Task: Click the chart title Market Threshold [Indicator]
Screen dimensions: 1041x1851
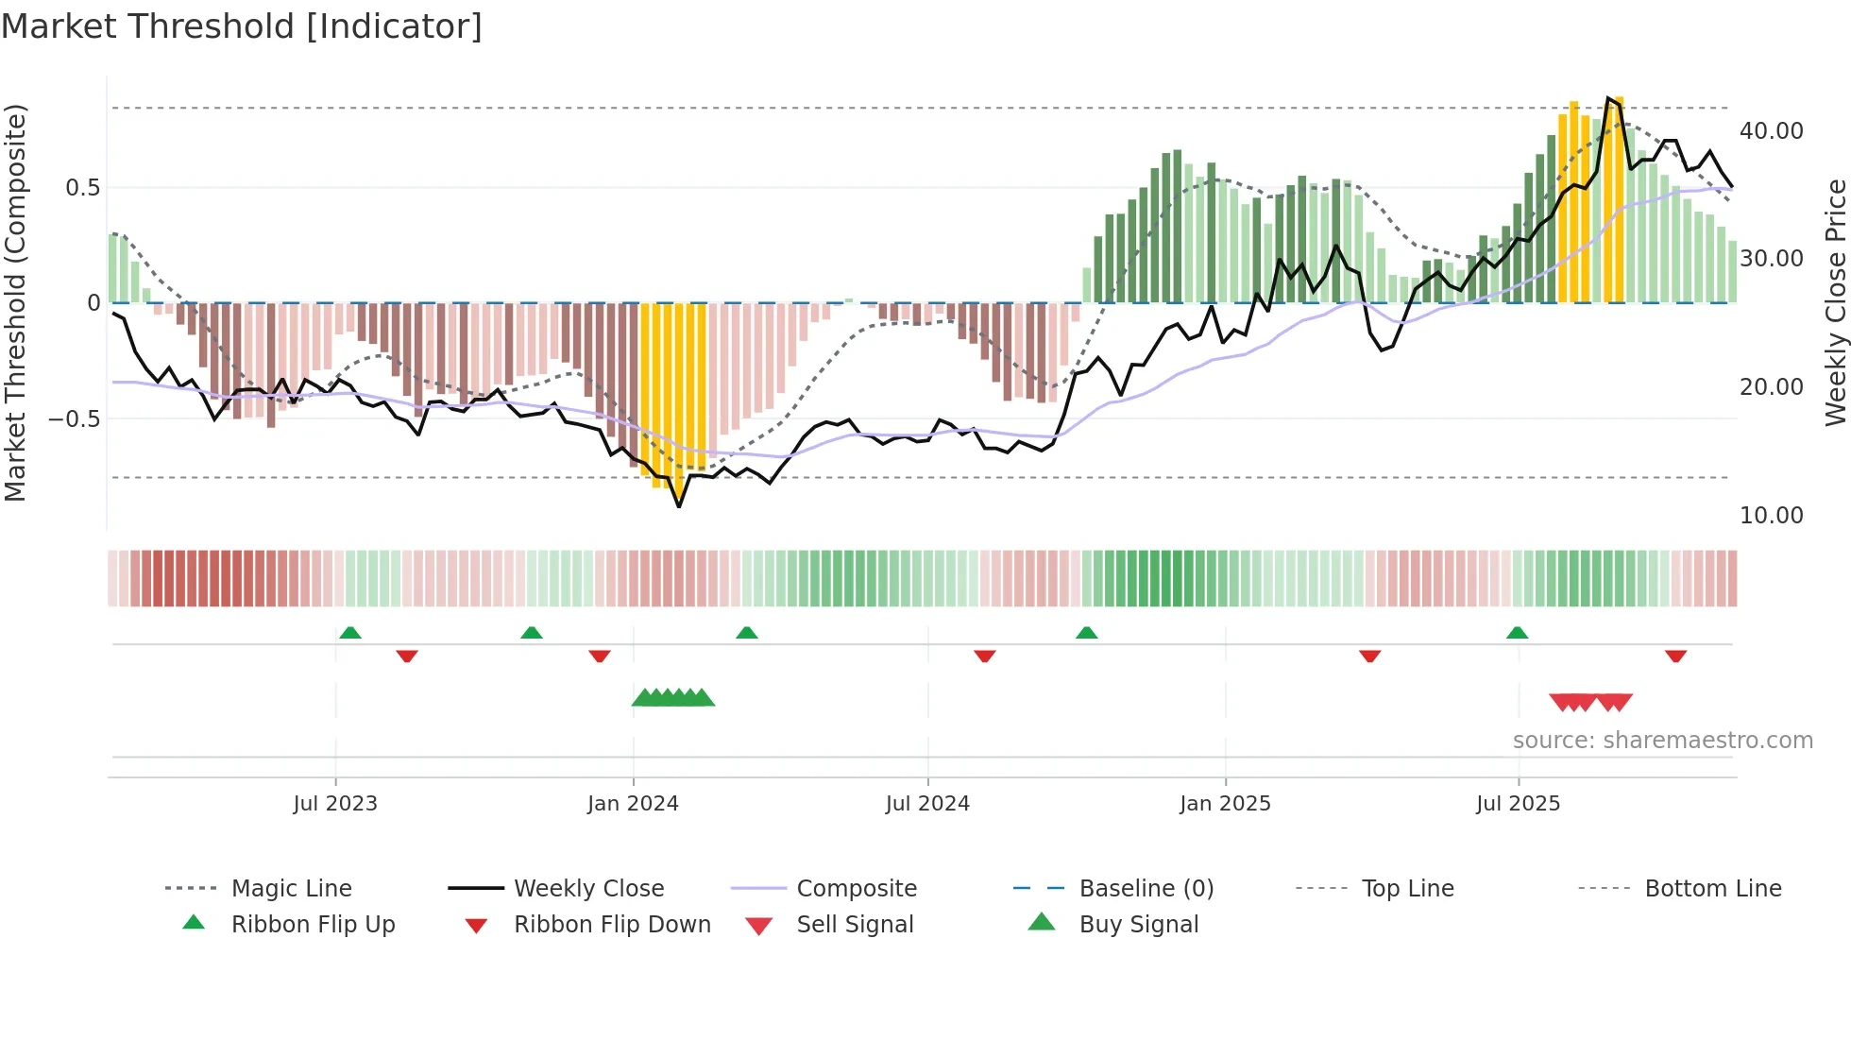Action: [242, 26]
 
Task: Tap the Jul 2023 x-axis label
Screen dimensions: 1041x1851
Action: [335, 804]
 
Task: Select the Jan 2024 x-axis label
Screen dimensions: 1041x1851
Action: [633, 804]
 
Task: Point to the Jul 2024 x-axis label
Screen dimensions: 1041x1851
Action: [927, 804]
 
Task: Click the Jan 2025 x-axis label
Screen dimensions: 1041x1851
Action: [1225, 804]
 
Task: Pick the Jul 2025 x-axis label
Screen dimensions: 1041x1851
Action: [1519, 804]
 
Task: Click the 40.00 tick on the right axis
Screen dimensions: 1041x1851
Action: [1771, 131]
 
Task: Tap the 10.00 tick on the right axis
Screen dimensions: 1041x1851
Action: [1771, 516]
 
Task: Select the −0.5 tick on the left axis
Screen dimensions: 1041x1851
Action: [74, 418]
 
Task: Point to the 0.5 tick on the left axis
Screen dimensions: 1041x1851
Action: [82, 188]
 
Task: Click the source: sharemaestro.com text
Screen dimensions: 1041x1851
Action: [1662, 741]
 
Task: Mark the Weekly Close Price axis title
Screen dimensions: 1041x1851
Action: [1835, 302]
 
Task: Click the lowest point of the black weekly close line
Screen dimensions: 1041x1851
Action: [679, 506]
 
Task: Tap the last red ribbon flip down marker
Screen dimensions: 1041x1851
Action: [1676, 657]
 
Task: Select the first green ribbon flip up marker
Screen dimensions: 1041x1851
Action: [350, 632]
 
